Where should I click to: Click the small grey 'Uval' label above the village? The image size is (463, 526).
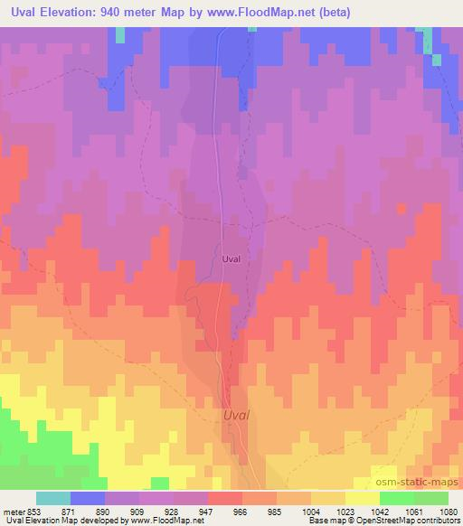tap(231, 258)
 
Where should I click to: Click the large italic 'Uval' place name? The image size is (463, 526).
tap(236, 416)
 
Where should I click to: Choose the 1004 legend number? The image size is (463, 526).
tap(312, 512)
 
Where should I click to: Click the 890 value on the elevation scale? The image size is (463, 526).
tap(105, 512)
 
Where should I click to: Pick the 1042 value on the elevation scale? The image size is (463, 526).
tap(379, 512)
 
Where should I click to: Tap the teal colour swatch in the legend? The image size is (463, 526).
tap(53, 498)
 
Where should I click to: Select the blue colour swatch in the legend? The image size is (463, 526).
tap(88, 498)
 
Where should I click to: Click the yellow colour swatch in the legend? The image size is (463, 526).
tap(362, 498)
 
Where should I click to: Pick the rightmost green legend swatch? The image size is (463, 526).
tap(430, 498)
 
